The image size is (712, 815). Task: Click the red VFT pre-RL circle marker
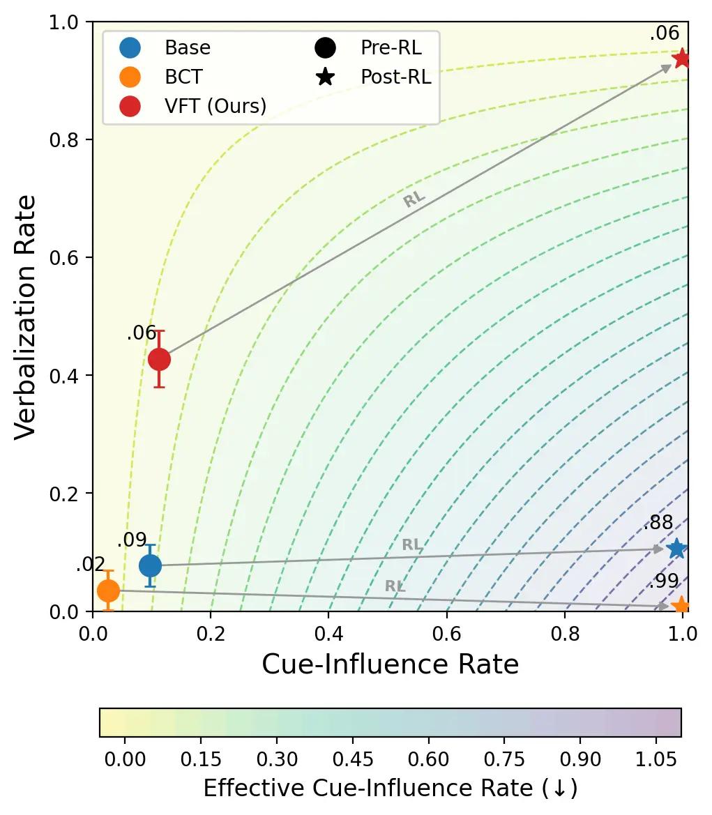[159, 359]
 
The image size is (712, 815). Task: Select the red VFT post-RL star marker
[681, 59]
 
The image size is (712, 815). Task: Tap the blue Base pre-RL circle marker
[150, 565]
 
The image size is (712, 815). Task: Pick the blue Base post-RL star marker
[676, 549]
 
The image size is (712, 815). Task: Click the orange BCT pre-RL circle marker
[108, 591]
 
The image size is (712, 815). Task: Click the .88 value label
[658, 523]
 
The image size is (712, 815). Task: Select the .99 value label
[663, 581]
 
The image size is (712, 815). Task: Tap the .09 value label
[132, 540]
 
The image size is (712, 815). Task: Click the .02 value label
[91, 565]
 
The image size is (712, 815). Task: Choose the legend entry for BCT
[183, 77]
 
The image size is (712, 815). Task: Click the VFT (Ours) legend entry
[215, 106]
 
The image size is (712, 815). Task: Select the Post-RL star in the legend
[325, 77]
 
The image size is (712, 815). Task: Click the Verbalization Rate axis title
[25, 317]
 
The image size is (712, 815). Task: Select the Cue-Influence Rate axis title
[390, 664]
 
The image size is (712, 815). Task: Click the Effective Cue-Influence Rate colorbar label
[390, 789]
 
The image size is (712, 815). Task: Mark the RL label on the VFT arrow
[414, 199]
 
